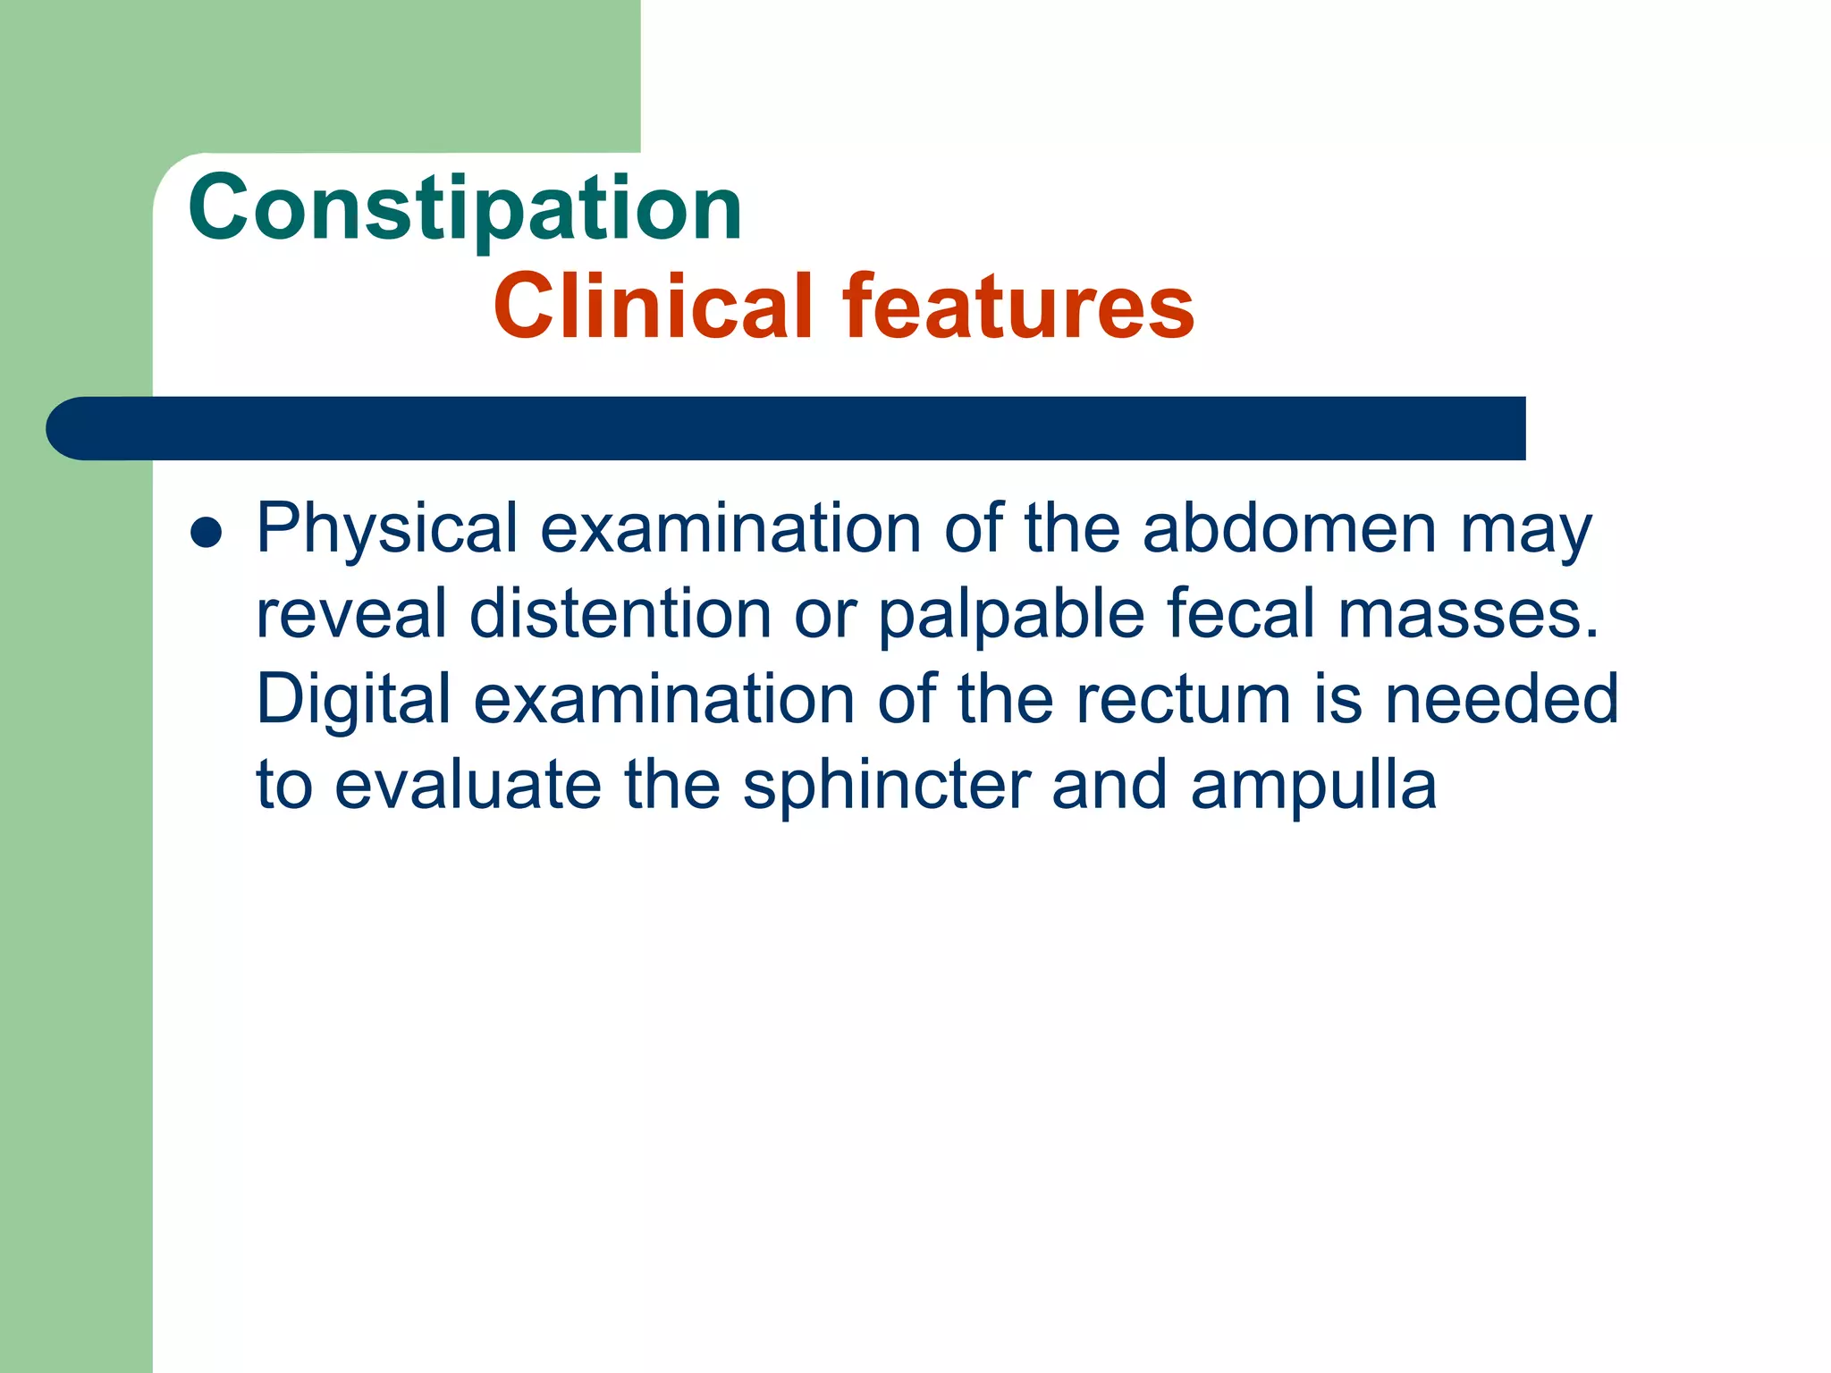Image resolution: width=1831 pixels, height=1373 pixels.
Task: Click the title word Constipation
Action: (465, 207)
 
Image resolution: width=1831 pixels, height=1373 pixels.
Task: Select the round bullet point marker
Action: (207, 534)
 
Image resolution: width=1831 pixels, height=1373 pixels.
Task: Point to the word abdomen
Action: (1289, 529)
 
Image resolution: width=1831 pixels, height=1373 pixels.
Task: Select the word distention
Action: (620, 614)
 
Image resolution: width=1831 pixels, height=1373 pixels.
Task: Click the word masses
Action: (1467, 616)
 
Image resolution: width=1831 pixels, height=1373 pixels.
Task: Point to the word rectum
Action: (1183, 700)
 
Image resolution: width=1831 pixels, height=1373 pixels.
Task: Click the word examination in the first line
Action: (730, 529)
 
